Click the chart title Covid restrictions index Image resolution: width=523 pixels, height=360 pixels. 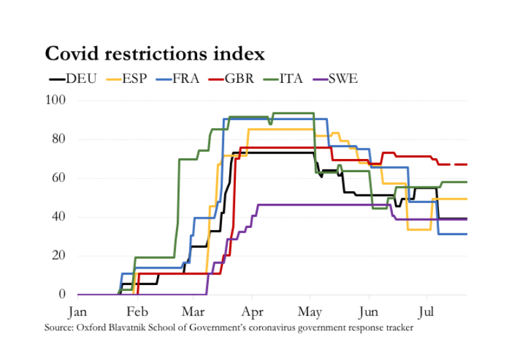pyautogui.click(x=154, y=53)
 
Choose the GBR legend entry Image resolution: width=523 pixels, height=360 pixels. pyautogui.click(x=240, y=79)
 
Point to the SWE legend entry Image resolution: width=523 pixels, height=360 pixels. pyautogui.click(x=343, y=79)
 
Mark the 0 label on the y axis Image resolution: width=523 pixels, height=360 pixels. pyautogui.click(x=61, y=294)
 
